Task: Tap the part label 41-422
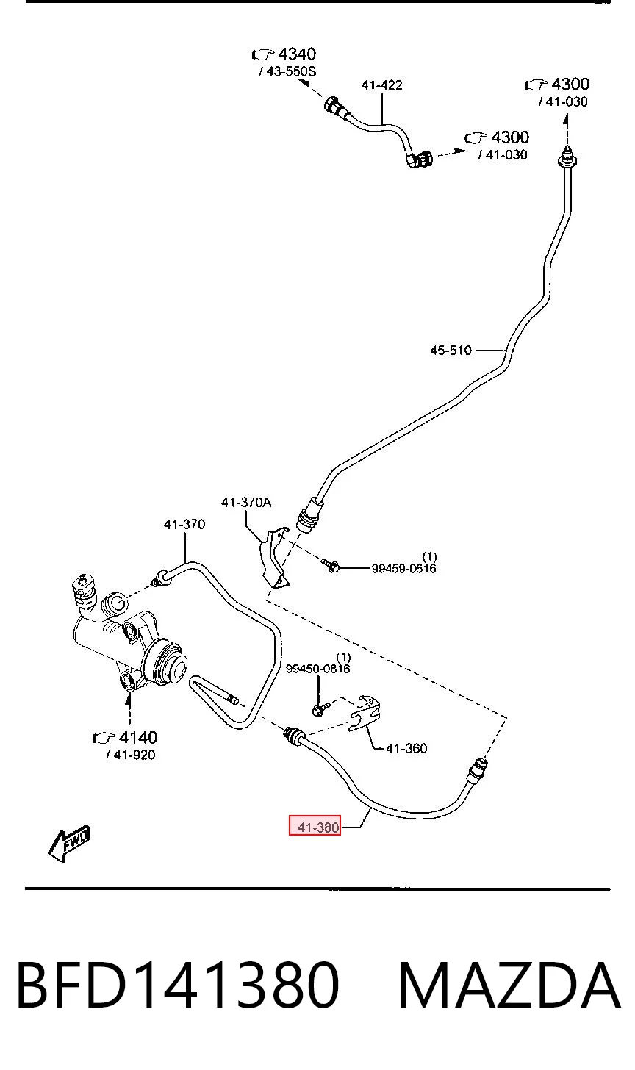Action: click(381, 85)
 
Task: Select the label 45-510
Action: click(451, 350)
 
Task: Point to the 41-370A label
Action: click(245, 502)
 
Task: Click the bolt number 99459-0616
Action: click(403, 568)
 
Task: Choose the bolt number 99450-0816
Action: click(317, 668)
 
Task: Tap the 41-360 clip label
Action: click(406, 748)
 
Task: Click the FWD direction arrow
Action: click(69, 844)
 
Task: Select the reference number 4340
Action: click(297, 54)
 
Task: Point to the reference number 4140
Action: click(138, 737)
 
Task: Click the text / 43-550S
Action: click(287, 71)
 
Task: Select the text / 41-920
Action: click(131, 755)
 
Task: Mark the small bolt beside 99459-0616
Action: click(331, 566)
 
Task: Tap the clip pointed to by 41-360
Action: click(365, 713)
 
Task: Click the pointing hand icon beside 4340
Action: click(263, 54)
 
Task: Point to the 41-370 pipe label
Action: click(184, 524)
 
